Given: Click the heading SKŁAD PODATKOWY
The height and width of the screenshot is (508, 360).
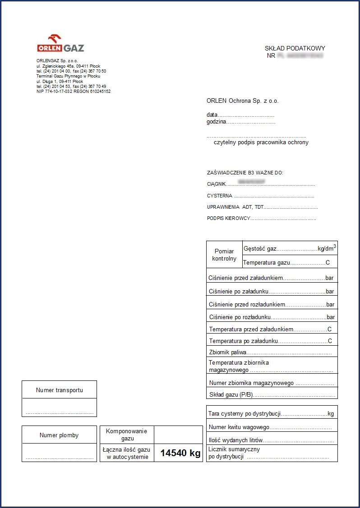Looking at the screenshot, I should [295, 49].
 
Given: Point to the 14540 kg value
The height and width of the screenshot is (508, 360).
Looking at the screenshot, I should [180, 453].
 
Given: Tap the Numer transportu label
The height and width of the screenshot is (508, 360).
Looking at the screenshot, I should [60, 390].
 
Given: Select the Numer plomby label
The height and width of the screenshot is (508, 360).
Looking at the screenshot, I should [59, 435].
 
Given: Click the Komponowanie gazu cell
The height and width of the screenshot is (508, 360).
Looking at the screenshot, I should [127, 435].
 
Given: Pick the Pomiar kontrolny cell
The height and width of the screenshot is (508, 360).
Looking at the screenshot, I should [224, 255].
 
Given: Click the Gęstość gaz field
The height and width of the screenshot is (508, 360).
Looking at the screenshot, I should [290, 248].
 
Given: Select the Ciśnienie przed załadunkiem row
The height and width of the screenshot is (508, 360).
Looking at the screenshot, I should [271, 278].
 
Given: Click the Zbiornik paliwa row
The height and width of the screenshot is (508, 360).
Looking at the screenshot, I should [271, 352].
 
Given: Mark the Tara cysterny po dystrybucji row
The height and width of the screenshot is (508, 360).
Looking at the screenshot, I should [271, 413].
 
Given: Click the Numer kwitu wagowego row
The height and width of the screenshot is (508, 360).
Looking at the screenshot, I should [271, 427].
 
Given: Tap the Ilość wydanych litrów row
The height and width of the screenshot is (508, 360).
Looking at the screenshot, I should [271, 440].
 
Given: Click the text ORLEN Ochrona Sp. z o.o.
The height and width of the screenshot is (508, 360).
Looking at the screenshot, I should [243, 101].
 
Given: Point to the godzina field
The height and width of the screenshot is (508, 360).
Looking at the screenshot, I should [241, 122].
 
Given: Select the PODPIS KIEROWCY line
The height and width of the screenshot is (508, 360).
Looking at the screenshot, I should [261, 218].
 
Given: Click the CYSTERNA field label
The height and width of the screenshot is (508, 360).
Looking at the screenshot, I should [220, 196].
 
